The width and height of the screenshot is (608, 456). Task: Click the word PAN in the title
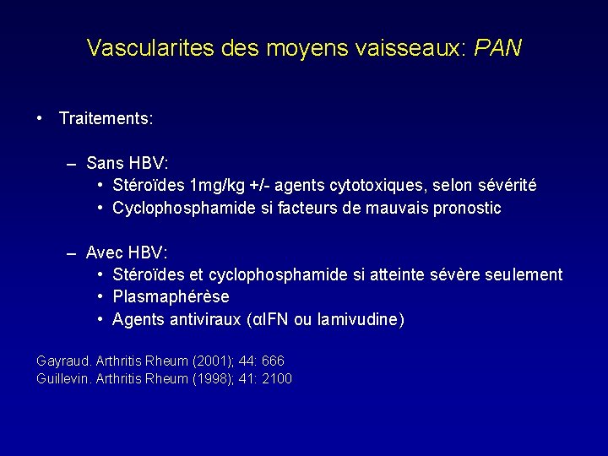tap(498, 47)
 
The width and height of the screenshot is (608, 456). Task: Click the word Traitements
tap(106, 119)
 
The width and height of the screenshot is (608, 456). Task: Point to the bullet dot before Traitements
tap(40, 118)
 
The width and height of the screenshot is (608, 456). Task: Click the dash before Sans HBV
tap(73, 162)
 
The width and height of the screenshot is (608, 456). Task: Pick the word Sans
tap(106, 162)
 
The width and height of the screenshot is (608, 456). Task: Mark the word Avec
tap(106, 252)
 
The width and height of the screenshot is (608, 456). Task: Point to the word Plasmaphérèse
tap(171, 297)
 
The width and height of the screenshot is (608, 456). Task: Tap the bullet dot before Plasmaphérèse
tap(100, 297)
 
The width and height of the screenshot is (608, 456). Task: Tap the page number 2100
tap(277, 379)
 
